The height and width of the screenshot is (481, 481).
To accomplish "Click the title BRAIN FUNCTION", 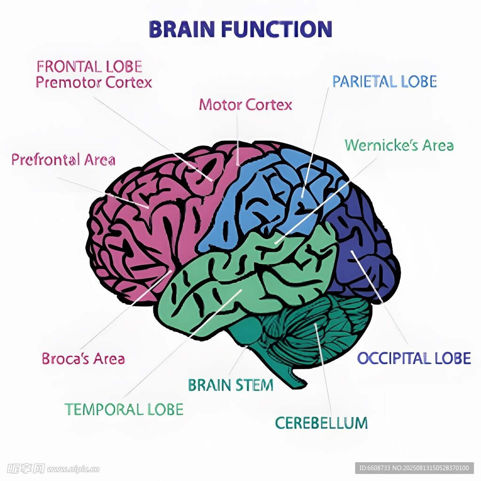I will [240, 29].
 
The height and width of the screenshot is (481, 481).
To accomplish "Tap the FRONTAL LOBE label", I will [89, 66].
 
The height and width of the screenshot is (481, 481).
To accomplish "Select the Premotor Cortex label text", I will [94, 83].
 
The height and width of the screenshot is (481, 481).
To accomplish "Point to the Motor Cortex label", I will [245, 104].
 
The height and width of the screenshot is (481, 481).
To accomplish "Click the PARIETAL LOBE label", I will [384, 82].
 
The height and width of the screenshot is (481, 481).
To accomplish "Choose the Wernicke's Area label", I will [399, 145].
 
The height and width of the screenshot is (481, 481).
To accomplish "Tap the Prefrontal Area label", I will [63, 160].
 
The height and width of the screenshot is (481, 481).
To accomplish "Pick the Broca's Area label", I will [83, 359].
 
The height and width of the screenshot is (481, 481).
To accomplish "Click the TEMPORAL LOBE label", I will [124, 409].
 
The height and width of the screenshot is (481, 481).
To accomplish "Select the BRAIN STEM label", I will [230, 386].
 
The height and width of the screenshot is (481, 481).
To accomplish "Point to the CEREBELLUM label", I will [321, 423].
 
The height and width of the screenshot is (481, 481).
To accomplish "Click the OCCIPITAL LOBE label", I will [413, 358].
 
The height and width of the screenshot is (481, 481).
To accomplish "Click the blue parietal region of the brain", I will [263, 197].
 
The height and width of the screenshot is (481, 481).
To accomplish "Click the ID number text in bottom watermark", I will [413, 468].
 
